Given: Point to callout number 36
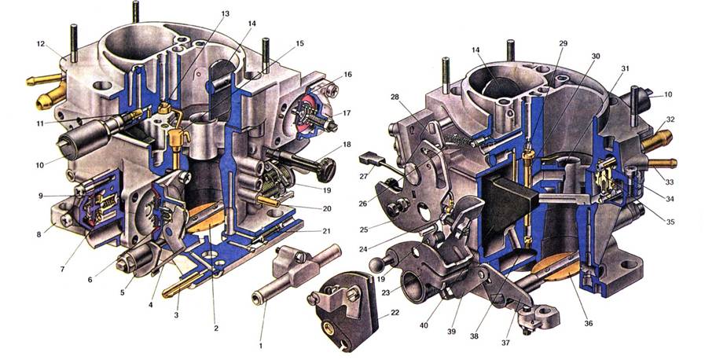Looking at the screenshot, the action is (589, 323).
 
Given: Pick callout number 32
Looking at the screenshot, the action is (670, 119).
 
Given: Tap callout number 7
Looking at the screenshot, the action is (63, 269).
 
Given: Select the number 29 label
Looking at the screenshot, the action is (563, 43).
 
